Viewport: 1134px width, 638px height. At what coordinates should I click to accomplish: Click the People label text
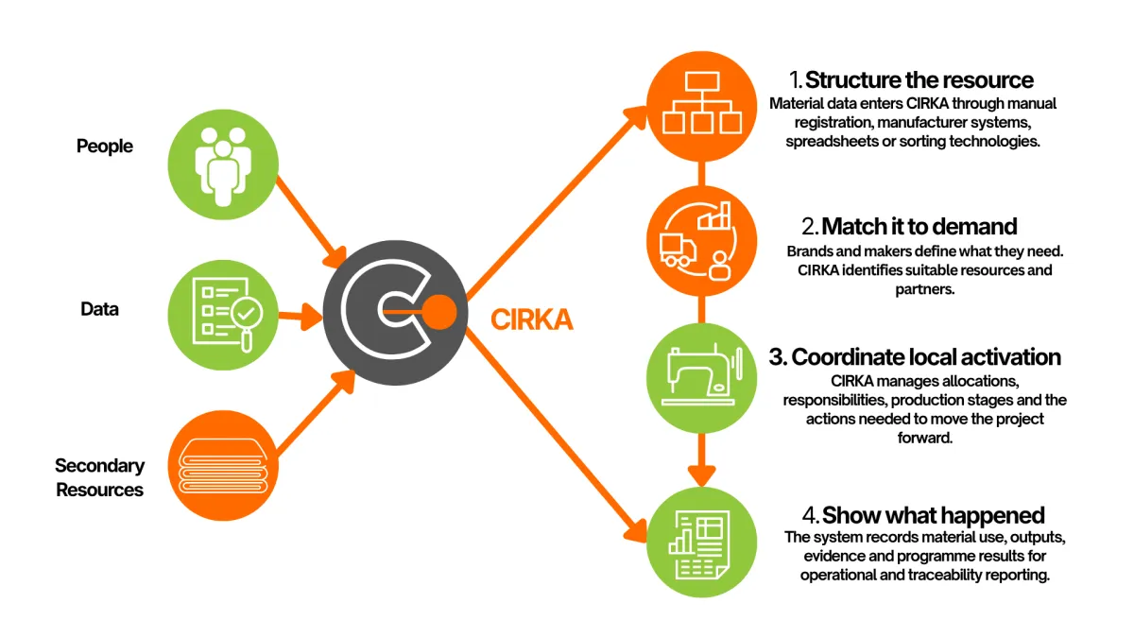point(104,147)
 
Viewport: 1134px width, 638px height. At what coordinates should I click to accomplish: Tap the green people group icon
point(223,164)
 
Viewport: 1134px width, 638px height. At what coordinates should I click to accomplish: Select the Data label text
point(99,309)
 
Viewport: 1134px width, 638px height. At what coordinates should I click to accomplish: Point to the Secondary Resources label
point(100,477)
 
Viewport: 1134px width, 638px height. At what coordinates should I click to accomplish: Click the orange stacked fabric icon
point(223,465)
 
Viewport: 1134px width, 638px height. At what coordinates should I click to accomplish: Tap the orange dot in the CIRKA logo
point(438,313)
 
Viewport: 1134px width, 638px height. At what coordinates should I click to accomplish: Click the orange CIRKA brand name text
point(531,320)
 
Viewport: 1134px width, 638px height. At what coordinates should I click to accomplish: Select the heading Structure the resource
point(911,80)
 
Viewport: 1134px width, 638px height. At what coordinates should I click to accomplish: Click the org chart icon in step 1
point(701,103)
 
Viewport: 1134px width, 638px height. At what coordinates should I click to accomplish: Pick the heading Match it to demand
point(909,226)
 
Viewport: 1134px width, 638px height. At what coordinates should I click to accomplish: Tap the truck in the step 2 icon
point(678,250)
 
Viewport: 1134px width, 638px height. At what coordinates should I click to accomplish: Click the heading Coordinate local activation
point(915,357)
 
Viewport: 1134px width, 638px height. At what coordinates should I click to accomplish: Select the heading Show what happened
point(923,515)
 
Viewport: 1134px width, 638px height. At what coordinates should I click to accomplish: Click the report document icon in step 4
point(699,544)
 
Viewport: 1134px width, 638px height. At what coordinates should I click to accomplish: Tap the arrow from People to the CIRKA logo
point(311,221)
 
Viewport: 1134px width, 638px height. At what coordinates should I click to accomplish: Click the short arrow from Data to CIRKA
point(301,317)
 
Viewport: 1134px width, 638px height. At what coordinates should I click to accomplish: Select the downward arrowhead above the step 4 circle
point(701,476)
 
